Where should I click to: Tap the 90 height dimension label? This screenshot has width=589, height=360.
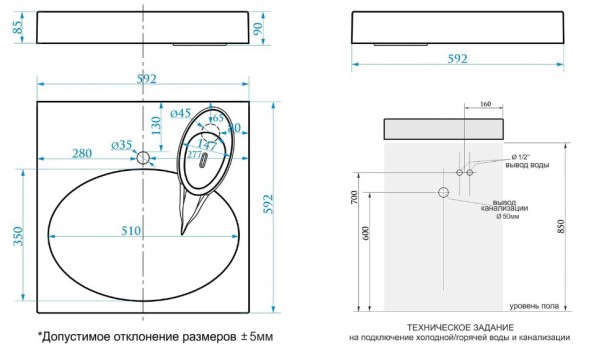(260, 27)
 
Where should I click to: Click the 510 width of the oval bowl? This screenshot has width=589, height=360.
(131, 231)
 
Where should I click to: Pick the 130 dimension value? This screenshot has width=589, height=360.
(155, 124)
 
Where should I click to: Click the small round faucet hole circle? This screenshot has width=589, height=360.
(144, 157)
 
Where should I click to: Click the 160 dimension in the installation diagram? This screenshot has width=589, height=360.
(484, 103)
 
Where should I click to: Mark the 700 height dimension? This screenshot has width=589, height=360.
(353, 196)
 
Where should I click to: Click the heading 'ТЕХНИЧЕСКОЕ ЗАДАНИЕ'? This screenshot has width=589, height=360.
(460, 327)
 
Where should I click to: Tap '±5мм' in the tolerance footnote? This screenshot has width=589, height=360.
(253, 337)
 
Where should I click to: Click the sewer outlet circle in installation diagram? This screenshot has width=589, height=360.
(443, 191)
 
